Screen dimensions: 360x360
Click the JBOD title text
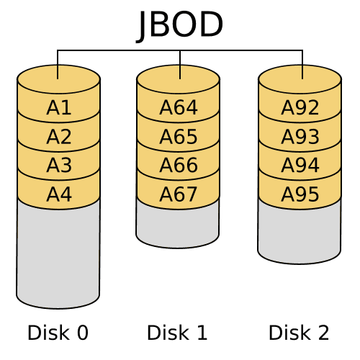(x=179, y=26)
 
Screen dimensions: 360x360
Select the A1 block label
(x=59, y=107)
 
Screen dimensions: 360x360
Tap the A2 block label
(x=59, y=137)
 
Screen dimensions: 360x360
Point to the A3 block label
(x=59, y=165)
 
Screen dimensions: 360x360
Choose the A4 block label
(x=59, y=194)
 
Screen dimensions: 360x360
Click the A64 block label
(x=179, y=107)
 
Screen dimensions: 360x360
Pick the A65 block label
(x=179, y=137)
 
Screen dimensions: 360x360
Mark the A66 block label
(x=179, y=165)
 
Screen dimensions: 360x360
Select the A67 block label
(x=179, y=194)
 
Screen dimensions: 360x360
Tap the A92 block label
(x=300, y=107)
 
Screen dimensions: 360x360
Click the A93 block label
(x=300, y=137)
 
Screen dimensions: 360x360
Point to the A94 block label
(x=300, y=165)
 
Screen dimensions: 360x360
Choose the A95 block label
(x=300, y=194)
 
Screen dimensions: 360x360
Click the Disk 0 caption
(x=58, y=333)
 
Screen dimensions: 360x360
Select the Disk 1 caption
(x=177, y=333)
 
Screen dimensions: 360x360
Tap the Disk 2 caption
(x=299, y=333)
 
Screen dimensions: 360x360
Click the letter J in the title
(x=141, y=27)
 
